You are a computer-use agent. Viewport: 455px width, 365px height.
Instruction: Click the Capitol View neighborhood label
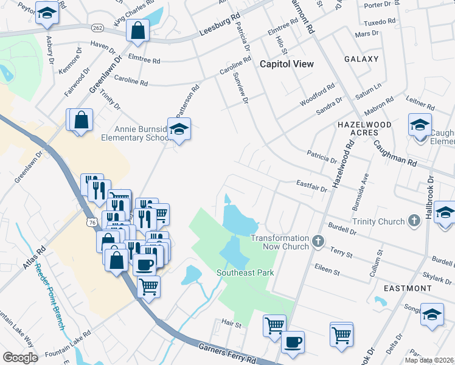click(x=287, y=64)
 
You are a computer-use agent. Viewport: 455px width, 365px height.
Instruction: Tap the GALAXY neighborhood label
click(x=361, y=59)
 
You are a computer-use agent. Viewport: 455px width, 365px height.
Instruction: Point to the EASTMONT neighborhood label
click(x=404, y=288)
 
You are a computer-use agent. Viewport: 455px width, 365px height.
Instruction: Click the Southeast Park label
click(x=246, y=273)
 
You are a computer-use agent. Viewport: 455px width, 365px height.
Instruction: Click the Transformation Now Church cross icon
click(x=317, y=242)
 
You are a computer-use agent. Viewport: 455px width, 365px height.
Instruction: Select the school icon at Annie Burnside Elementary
click(x=179, y=130)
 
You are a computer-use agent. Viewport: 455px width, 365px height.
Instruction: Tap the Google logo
click(x=21, y=358)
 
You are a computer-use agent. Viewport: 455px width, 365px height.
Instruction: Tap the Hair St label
click(x=232, y=325)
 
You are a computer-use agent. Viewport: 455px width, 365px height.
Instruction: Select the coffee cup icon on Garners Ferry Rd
click(x=293, y=342)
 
